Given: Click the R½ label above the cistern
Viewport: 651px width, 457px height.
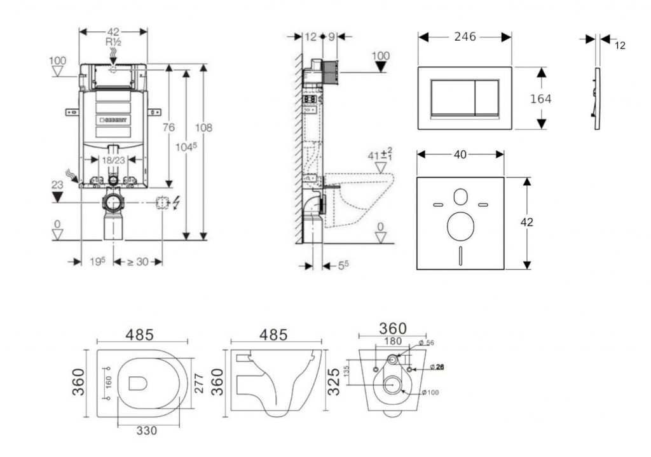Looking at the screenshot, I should point(113,42).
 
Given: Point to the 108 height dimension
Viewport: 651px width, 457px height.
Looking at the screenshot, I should point(203,127).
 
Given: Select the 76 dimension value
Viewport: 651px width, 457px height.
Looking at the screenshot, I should point(168,127).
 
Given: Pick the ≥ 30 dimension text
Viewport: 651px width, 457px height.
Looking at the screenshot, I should point(137,261).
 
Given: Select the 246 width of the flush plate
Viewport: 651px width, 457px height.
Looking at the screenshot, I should point(465,37).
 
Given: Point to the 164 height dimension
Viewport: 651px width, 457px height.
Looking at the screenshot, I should point(541,99).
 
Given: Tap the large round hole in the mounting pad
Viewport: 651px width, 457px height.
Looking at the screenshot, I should point(460,226).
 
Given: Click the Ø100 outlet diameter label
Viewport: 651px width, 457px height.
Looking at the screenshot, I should point(430,392).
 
